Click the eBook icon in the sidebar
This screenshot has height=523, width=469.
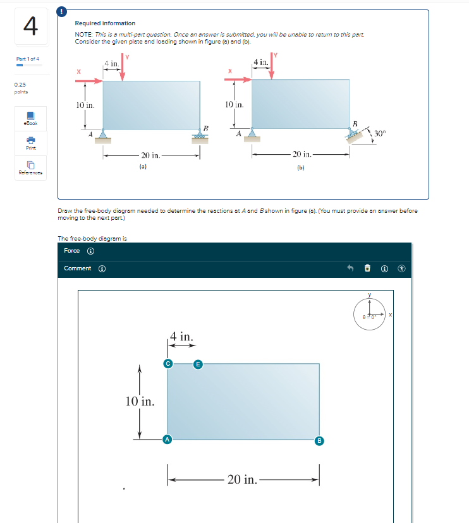[30, 120]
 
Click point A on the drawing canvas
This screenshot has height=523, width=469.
[167, 439]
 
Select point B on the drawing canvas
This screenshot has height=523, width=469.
[320, 440]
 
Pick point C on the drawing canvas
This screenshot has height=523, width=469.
[167, 363]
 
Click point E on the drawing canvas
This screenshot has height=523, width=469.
[198, 363]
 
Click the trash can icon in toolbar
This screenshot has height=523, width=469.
[367, 268]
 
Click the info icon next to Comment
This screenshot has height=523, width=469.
[101, 268]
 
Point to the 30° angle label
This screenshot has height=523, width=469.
[379, 133]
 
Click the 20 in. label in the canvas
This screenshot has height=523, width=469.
[242, 479]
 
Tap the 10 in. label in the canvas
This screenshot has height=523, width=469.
[140, 401]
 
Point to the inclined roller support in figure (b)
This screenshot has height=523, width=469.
[355, 135]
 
